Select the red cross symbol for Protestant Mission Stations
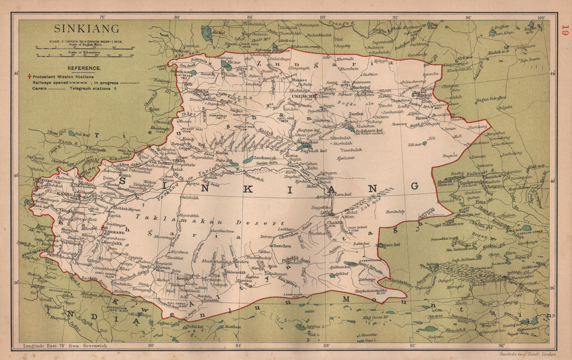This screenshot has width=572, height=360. [x=30, y=76]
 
